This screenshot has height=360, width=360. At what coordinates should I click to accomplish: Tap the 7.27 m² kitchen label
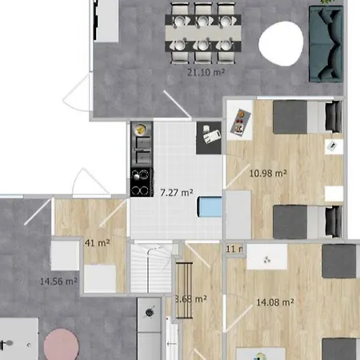click(x=176, y=192)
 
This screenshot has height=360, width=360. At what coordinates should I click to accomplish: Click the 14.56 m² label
click(x=58, y=281)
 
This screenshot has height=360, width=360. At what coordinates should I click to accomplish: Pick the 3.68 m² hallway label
click(x=192, y=300)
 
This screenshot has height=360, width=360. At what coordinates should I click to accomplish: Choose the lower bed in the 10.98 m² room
click(x=298, y=222)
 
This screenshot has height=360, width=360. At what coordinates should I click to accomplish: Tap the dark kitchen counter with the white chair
click(x=210, y=136)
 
